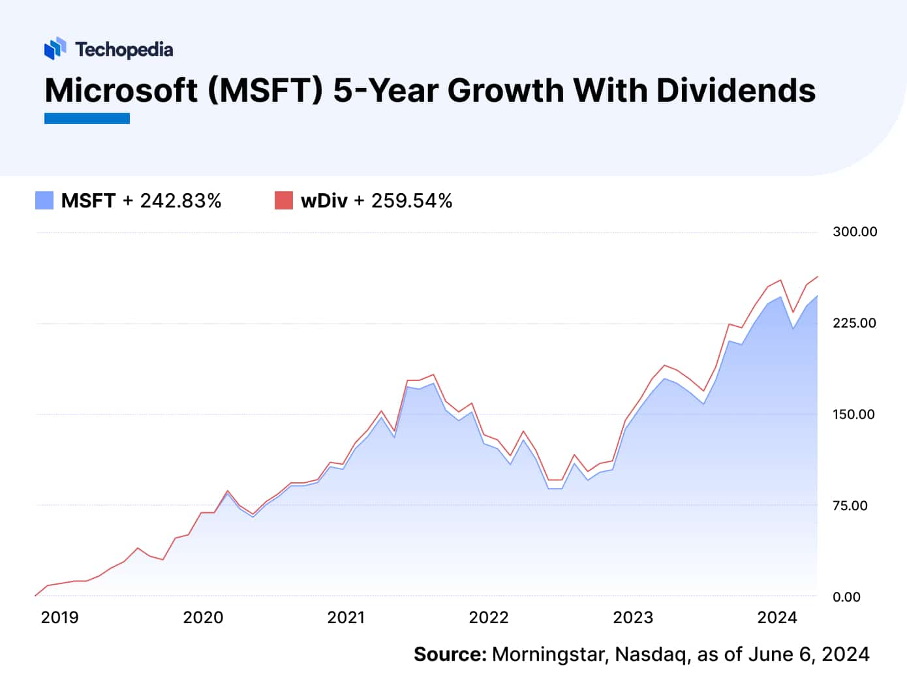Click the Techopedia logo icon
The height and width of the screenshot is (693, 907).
click(55, 48)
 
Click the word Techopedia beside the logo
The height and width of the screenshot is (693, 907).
click(124, 50)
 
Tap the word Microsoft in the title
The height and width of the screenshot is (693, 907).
click(121, 90)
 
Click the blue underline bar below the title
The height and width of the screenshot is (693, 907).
click(87, 118)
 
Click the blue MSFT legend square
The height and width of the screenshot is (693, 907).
click(44, 200)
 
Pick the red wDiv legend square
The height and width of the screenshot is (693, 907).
click(284, 200)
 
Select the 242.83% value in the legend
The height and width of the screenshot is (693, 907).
click(181, 200)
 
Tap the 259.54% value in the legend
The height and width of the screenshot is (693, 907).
click(412, 200)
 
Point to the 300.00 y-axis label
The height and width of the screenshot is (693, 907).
click(855, 232)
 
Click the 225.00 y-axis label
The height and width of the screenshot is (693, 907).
click(854, 323)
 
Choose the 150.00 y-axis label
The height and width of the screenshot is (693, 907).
click(853, 414)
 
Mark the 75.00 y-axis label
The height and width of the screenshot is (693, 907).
click(850, 506)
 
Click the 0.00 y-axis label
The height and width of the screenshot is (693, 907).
click(846, 597)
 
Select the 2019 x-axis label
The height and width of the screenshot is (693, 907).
click(59, 617)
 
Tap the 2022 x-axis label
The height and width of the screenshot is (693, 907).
click(489, 617)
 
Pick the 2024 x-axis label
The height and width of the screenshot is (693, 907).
click(777, 617)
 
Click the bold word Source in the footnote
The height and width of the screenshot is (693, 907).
click(450, 654)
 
